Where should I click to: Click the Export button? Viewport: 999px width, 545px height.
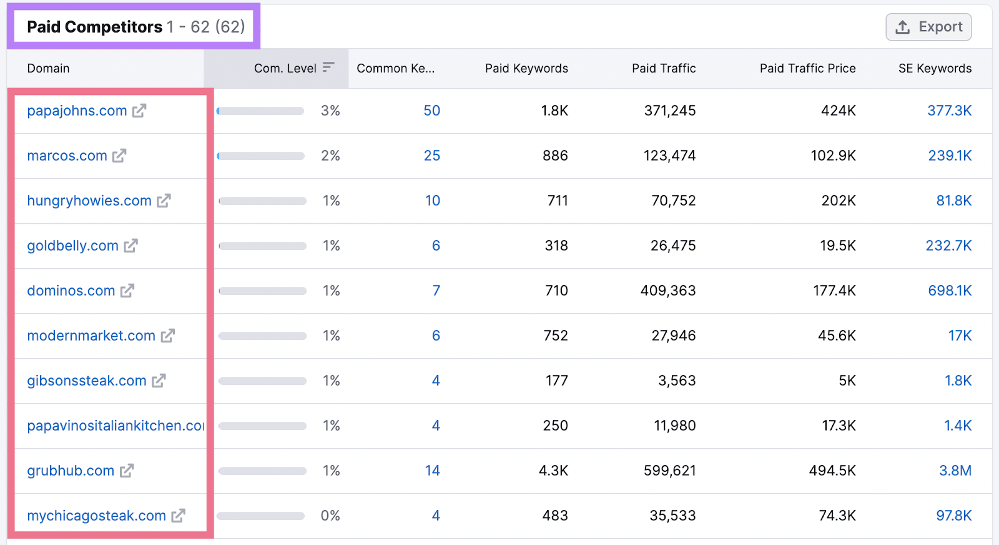coord(928,27)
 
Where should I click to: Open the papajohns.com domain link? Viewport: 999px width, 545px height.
coord(77,111)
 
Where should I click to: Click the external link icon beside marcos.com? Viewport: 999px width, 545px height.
coord(119,156)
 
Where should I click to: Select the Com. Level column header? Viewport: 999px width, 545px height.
coord(285,68)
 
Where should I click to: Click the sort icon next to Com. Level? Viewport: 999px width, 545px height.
coord(328,67)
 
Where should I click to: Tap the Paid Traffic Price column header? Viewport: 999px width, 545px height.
coord(807,68)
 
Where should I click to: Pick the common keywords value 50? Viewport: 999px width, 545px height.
coord(431,111)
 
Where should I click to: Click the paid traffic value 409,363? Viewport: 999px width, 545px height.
coord(667,291)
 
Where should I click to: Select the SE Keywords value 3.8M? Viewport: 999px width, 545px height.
coord(955,471)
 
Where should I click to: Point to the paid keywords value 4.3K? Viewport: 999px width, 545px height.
coord(553,471)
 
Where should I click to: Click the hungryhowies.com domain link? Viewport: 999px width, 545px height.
coord(89,201)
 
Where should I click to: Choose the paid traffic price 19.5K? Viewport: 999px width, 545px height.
coord(837,246)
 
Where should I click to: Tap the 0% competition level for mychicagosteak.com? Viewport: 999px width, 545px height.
coord(330,516)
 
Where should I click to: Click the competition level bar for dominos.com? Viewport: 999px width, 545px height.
coord(262,291)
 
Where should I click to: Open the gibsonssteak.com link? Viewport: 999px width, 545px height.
coord(87,381)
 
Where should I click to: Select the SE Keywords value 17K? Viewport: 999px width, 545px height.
coord(960,336)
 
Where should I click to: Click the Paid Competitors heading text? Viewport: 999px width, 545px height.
coord(95,27)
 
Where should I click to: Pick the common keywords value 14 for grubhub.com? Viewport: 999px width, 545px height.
coord(432,471)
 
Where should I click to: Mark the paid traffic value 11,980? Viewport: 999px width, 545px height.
coord(674,426)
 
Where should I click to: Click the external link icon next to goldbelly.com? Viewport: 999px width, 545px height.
coord(130,246)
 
